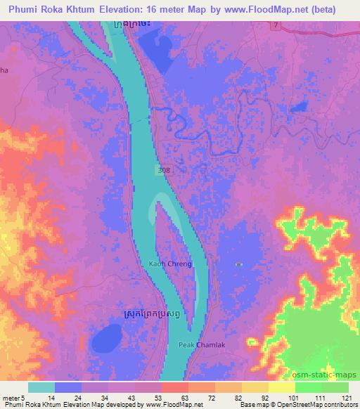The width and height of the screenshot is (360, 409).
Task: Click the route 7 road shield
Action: (276, 25)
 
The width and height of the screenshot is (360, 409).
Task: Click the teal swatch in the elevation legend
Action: (41, 387)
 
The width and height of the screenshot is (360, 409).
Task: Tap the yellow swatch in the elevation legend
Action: (281, 387)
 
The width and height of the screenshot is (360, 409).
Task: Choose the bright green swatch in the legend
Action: (307, 387)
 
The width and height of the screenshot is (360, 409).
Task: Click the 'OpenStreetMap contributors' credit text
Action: (316, 405)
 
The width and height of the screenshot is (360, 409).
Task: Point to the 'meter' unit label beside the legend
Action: (13, 397)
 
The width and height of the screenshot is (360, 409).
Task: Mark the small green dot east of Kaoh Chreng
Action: (239, 264)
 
